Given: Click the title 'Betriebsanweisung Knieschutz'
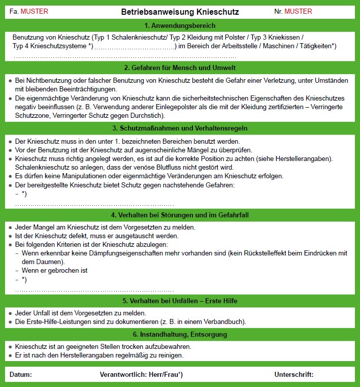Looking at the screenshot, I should (180, 11).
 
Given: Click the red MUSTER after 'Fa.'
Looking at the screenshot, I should (35, 11).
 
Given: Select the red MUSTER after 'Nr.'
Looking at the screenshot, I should (299, 11).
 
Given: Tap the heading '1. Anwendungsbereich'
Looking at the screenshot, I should (180, 25).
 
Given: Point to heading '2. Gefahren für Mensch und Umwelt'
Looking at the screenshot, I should (180, 68).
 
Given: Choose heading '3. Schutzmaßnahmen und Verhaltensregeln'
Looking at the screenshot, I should (180, 128).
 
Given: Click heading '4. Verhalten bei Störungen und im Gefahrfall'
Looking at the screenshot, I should (180, 215).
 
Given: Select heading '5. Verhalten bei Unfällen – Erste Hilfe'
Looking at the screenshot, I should (180, 301).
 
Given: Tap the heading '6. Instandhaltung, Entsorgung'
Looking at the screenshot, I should (180, 335).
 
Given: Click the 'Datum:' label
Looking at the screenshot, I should (21, 375).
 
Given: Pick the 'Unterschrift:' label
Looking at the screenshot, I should (294, 375).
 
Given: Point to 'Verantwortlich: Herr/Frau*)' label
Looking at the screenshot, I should (141, 375).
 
